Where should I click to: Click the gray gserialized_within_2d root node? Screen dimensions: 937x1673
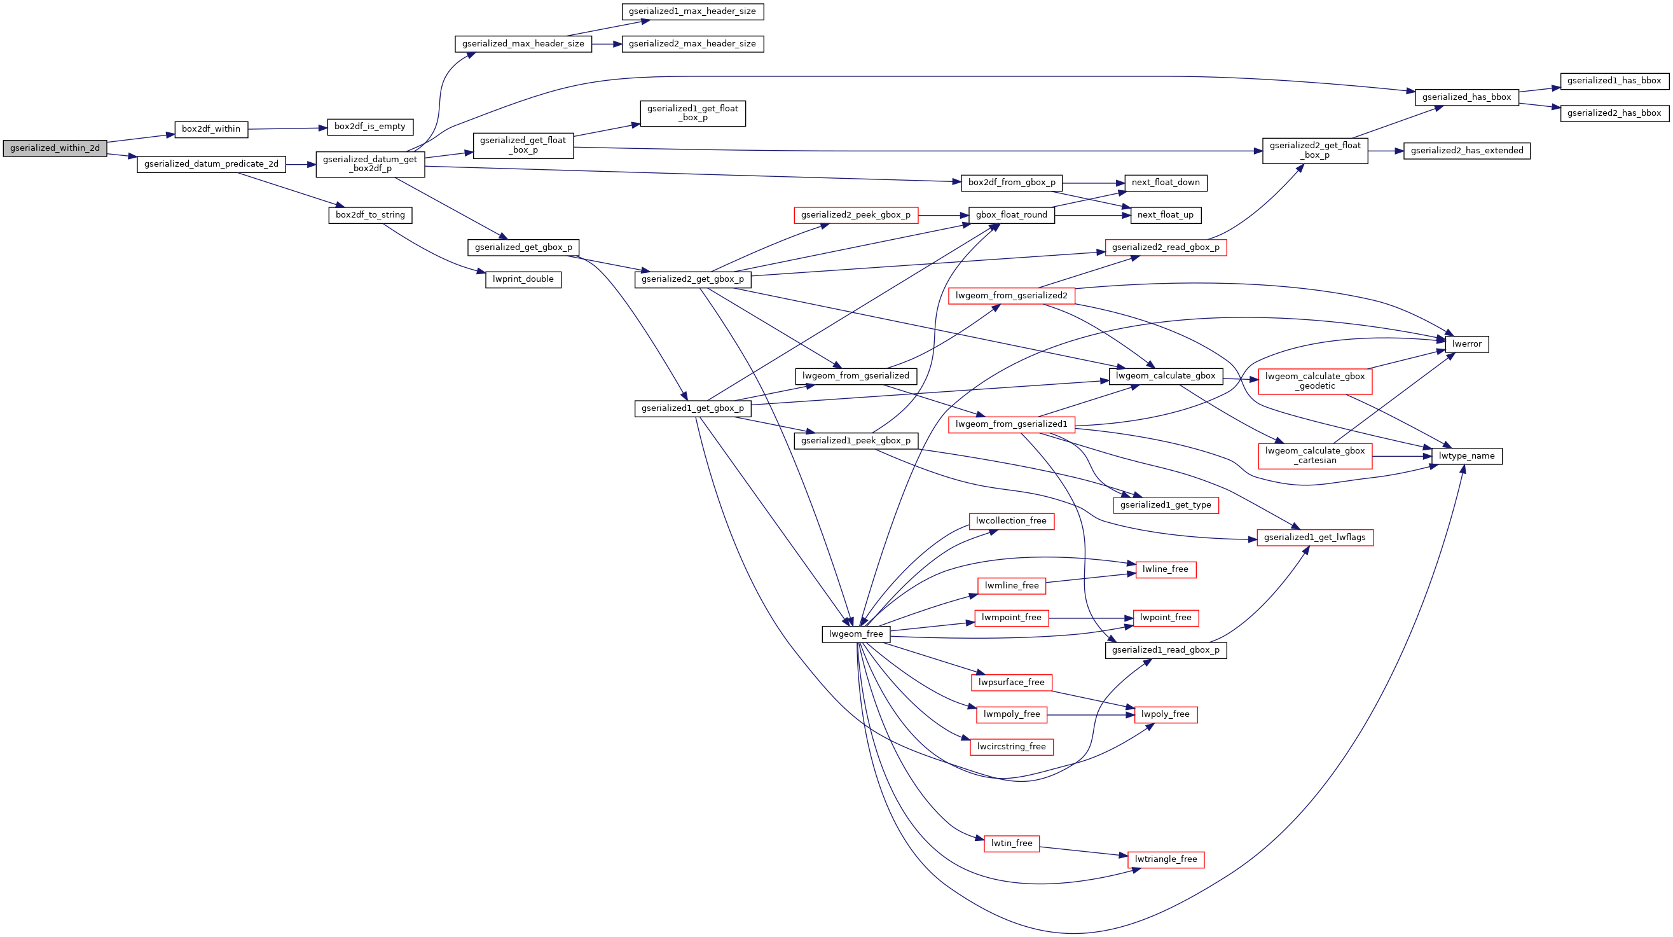[55, 148]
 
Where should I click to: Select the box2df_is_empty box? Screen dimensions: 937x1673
[369, 127]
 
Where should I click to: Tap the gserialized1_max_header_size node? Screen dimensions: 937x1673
[692, 11]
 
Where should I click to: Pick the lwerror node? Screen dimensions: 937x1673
[1466, 344]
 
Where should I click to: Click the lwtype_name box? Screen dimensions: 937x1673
[1466, 456]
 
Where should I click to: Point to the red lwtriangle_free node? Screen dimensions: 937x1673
[1166, 859]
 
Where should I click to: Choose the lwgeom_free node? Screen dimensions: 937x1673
[855, 634]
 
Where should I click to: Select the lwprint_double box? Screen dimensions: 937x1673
[523, 279]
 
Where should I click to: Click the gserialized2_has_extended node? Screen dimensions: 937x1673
[1466, 151]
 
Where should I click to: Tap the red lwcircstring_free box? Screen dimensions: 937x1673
[1011, 747]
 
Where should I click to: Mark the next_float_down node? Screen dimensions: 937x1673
[1165, 183]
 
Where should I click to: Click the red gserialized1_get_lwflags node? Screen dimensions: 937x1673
[1314, 538]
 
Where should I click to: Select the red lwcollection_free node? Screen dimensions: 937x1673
[1011, 521]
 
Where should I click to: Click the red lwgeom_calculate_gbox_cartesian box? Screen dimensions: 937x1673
[1314, 455]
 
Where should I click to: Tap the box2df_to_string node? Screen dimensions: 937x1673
[369, 215]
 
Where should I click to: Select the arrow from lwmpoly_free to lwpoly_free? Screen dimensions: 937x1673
[1091, 715]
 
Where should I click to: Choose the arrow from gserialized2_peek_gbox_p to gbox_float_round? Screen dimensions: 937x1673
[942, 215]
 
